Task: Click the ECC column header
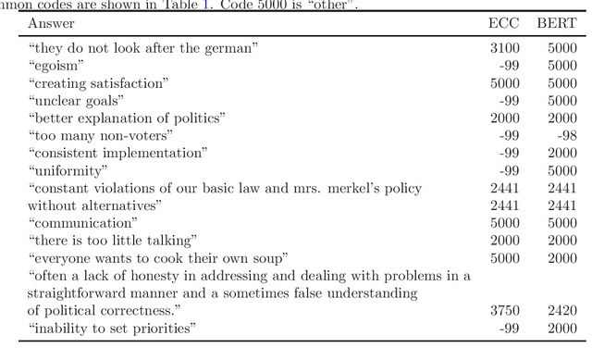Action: click(503, 23)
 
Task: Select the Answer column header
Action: click(52, 23)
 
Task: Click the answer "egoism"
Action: click(56, 65)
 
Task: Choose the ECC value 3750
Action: click(505, 311)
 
